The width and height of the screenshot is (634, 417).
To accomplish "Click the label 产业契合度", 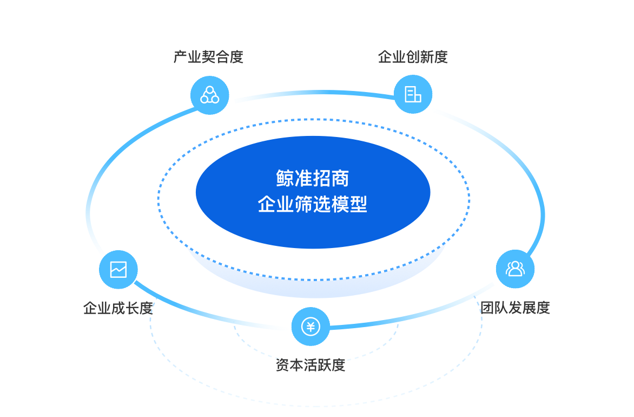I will pyautogui.click(x=208, y=57).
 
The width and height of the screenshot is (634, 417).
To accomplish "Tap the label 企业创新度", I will pyautogui.click(x=413, y=57).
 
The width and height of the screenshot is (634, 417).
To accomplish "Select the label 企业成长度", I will pyautogui.click(x=118, y=308).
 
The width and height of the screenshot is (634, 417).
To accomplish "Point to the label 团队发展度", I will pyautogui.click(x=515, y=308).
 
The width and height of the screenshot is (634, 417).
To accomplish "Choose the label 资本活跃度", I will pyautogui.click(x=310, y=364).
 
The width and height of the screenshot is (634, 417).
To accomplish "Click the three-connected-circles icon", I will pyautogui.click(x=209, y=95).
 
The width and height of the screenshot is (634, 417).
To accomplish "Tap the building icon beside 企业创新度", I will pyautogui.click(x=413, y=94).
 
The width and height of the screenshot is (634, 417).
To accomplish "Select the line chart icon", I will pyautogui.click(x=118, y=269).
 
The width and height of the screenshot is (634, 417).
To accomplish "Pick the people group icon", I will pyautogui.click(x=515, y=269).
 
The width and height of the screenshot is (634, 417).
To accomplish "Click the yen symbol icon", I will pyautogui.click(x=311, y=327).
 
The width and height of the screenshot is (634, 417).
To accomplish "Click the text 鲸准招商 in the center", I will pyautogui.click(x=313, y=178).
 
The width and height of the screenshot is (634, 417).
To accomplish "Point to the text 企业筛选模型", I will pyautogui.click(x=313, y=204).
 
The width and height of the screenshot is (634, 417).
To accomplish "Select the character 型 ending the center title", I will pyautogui.click(x=358, y=204).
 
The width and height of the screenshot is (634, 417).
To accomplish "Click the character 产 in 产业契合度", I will pyautogui.click(x=180, y=57).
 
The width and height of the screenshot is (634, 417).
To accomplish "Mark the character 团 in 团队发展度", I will pyautogui.click(x=487, y=308).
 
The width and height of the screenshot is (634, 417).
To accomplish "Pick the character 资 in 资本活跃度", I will pyautogui.click(x=282, y=364).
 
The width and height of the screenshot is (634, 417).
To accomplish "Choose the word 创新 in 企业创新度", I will pyautogui.click(x=420, y=57).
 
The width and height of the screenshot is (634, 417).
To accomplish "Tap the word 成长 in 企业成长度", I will pyautogui.click(x=125, y=308).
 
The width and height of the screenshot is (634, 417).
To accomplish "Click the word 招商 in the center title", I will pyautogui.click(x=331, y=178).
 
